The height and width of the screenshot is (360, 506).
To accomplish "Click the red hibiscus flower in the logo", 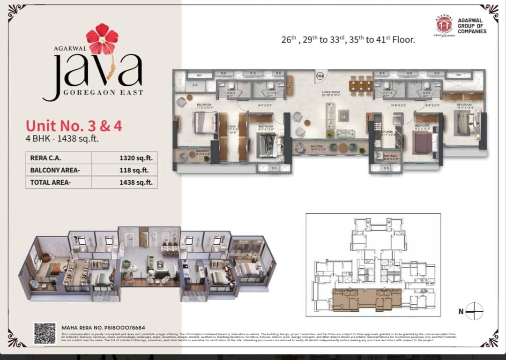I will click(x=102, y=38).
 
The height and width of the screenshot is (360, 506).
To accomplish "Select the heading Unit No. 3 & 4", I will click(x=74, y=126).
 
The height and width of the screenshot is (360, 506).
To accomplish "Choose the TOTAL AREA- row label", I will click(x=51, y=182).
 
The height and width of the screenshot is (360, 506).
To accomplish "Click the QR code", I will click(x=45, y=333).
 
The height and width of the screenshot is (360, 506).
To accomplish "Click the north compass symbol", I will click(x=474, y=311).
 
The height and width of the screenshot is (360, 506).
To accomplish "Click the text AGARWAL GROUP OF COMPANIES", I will click(x=472, y=26).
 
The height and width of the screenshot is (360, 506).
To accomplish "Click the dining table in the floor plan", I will click(x=361, y=85).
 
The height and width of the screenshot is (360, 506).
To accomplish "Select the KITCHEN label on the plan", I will click(x=387, y=132).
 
